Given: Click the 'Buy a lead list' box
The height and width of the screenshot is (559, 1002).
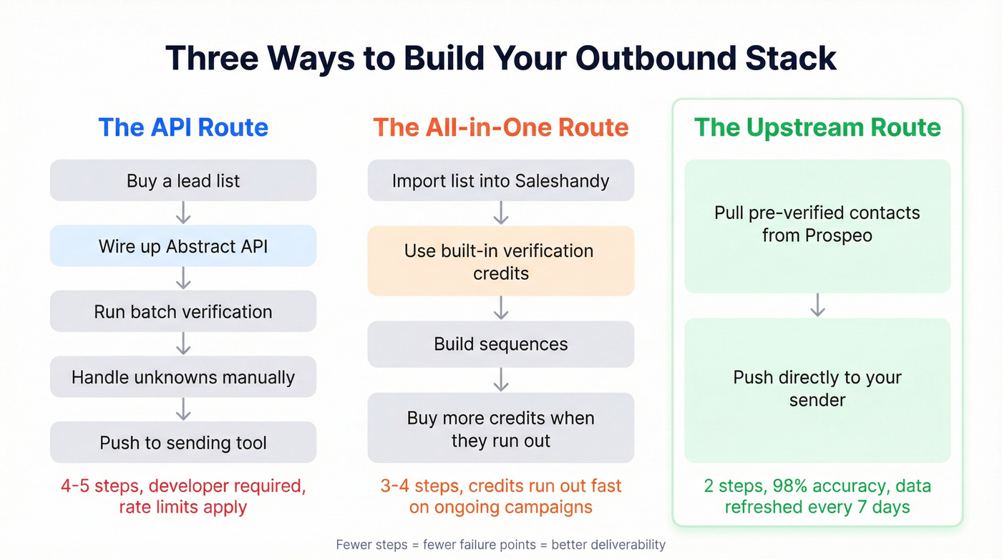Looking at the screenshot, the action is [183, 180].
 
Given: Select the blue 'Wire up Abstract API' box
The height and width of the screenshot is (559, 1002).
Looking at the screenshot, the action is [183, 246].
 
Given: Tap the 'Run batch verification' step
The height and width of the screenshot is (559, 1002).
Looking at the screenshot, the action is [183, 311].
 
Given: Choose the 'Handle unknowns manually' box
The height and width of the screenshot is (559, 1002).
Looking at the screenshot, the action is [183, 377].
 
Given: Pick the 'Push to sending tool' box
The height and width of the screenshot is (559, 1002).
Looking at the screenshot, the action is [183, 442].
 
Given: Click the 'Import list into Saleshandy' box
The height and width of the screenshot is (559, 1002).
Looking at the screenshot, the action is [500, 180].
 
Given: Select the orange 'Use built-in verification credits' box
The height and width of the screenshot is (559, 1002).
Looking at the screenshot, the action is [500, 261].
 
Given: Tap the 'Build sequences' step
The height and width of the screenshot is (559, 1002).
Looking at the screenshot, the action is [500, 344].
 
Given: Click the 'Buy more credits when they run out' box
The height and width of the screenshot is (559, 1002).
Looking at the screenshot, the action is [500, 428].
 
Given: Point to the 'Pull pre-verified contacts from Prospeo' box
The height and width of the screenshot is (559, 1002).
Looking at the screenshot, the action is [817, 226].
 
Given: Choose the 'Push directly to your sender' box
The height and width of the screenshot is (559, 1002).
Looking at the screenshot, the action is [817, 390].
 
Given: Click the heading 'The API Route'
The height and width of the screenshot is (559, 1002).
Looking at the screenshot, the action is [183, 127].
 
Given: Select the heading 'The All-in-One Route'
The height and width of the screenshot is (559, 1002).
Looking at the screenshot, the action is [500, 127].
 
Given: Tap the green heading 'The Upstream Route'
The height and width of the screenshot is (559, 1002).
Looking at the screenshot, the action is [817, 127].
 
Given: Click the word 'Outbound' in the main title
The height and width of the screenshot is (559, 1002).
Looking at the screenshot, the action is [656, 58].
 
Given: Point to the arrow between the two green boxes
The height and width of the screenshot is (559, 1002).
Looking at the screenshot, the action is [817, 305].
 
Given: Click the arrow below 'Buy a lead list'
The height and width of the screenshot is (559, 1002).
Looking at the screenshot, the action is [183, 213].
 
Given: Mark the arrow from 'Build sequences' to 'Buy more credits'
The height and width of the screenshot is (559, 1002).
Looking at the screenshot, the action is [500, 379].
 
